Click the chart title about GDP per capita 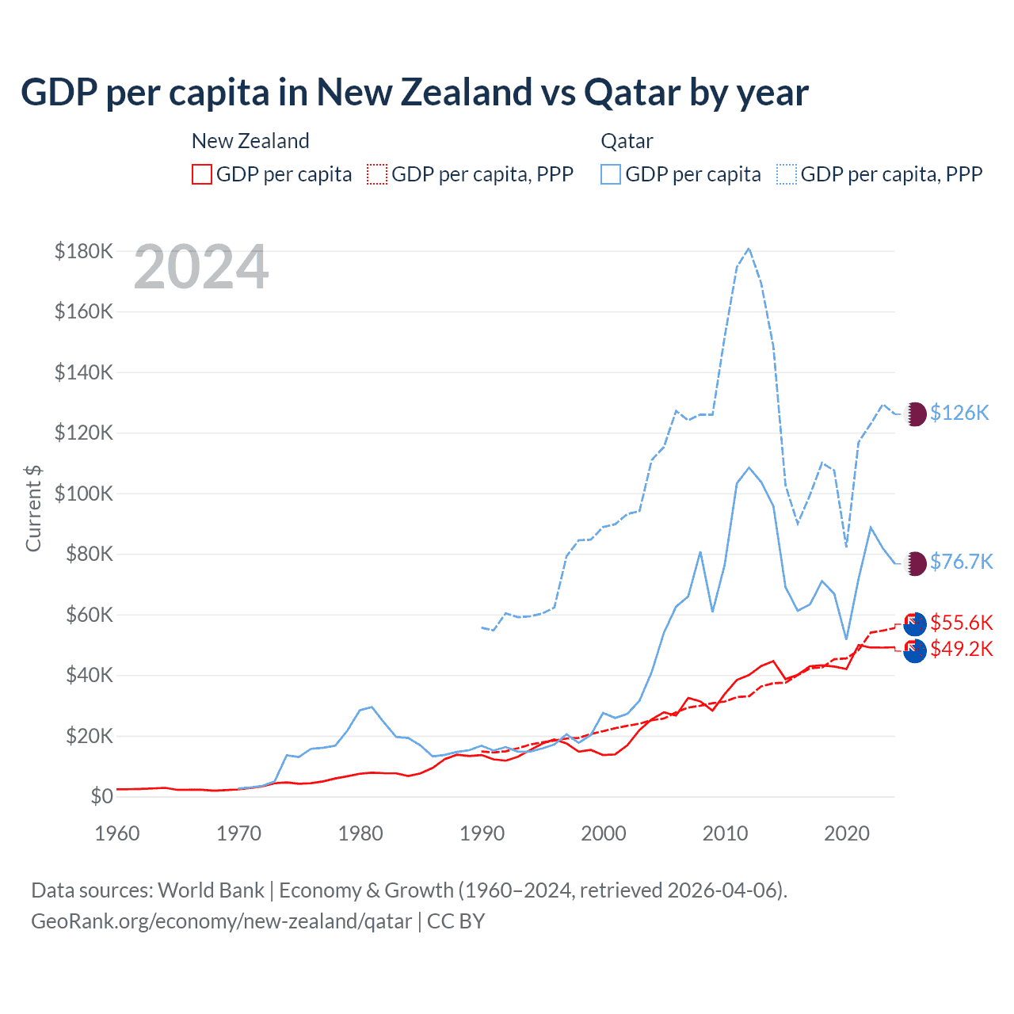[x=414, y=93]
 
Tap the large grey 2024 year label [x=201, y=268]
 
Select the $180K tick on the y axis [x=84, y=251]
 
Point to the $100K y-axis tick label [x=84, y=494]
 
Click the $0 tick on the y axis [x=101, y=796]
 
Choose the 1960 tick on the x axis [x=117, y=833]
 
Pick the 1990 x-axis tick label [x=482, y=833]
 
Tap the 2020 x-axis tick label [x=847, y=833]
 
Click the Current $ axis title [x=33, y=508]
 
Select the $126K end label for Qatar [x=959, y=413]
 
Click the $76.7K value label [x=961, y=562]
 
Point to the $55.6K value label [x=961, y=623]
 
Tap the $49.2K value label [x=961, y=649]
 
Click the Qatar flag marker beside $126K [x=915, y=414]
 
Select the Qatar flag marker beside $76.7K [x=915, y=562]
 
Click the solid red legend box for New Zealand [x=202, y=174]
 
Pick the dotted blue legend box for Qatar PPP [x=787, y=174]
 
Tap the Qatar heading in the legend [x=627, y=141]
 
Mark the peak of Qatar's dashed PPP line [x=749, y=249]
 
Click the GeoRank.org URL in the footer [x=222, y=921]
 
